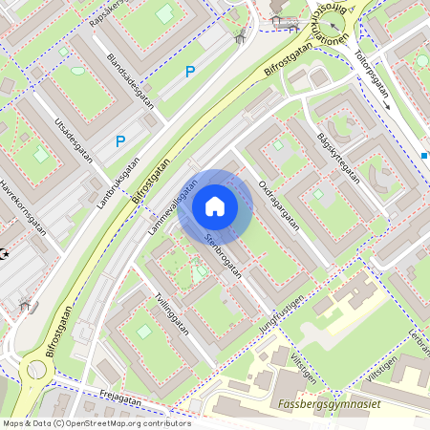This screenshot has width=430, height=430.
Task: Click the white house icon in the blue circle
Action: [215, 205]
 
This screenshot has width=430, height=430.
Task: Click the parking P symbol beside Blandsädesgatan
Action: [190, 72]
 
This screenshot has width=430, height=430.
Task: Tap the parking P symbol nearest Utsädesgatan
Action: [120, 141]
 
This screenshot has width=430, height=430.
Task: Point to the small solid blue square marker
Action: [424, 155]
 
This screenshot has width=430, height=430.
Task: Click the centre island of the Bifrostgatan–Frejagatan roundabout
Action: [36, 370]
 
